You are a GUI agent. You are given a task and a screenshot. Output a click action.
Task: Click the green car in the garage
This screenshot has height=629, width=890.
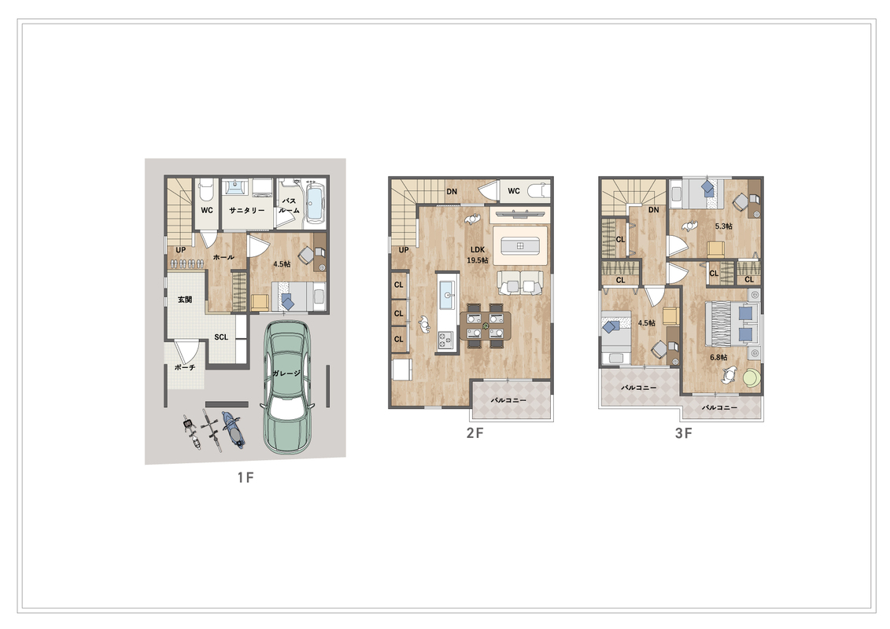tap(286, 388)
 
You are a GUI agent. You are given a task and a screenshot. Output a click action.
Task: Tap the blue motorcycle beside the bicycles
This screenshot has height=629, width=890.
tap(233, 429)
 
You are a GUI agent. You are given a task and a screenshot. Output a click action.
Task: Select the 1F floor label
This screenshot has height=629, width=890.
tap(246, 477)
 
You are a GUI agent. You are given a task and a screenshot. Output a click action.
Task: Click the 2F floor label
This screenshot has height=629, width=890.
tap(475, 433)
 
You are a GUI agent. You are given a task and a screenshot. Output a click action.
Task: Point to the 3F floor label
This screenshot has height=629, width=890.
tap(683, 433)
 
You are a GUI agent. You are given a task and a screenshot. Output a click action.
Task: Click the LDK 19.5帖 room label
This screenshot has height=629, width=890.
tap(478, 256)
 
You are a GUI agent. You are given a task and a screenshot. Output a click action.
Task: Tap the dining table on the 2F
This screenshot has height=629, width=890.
tap(486, 326)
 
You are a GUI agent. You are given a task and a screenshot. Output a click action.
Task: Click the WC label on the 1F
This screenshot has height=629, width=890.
tap(207, 211)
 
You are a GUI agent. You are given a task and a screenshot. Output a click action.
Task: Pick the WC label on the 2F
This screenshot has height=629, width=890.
tap(514, 191)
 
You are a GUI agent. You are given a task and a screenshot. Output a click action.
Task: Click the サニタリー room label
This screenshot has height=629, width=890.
tap(247, 211)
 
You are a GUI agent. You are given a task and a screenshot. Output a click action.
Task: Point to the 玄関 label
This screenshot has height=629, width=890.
tap(185, 300)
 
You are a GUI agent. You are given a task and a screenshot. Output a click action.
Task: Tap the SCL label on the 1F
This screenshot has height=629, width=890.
tap(221, 337)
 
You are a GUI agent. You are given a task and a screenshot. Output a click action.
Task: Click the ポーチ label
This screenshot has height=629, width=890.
tap(185, 367)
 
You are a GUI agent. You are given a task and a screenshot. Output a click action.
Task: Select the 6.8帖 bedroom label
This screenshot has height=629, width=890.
tap(718, 357)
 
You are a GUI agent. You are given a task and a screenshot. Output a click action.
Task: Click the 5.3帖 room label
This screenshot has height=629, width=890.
tap(724, 226)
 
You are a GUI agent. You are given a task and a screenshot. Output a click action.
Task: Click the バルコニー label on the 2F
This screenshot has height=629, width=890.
tap(508, 400)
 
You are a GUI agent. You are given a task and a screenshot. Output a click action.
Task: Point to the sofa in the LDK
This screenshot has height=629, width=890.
tap(520, 282)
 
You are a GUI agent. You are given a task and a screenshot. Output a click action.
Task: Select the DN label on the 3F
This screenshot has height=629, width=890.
tap(654, 210)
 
